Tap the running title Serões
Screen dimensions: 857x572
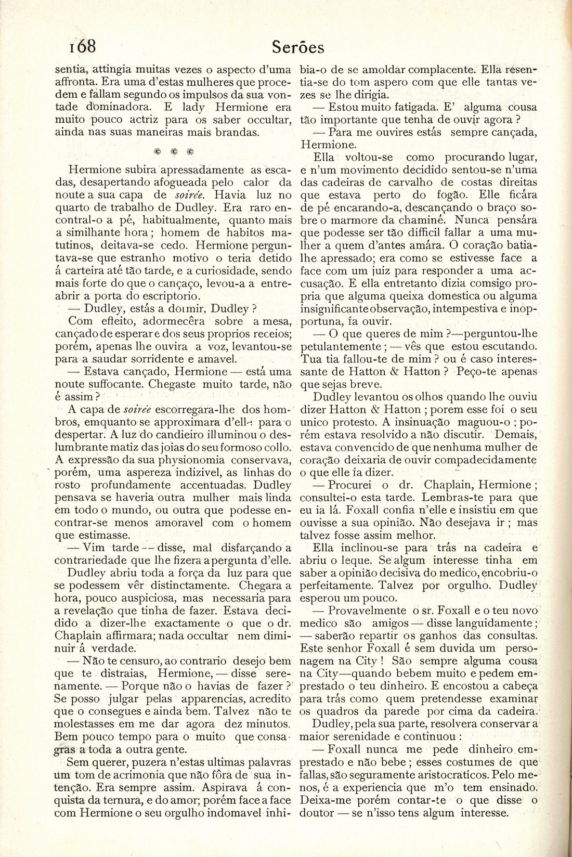tap(298, 48)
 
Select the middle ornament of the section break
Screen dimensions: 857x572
tap(173, 152)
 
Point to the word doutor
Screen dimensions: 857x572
tap(317, 814)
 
